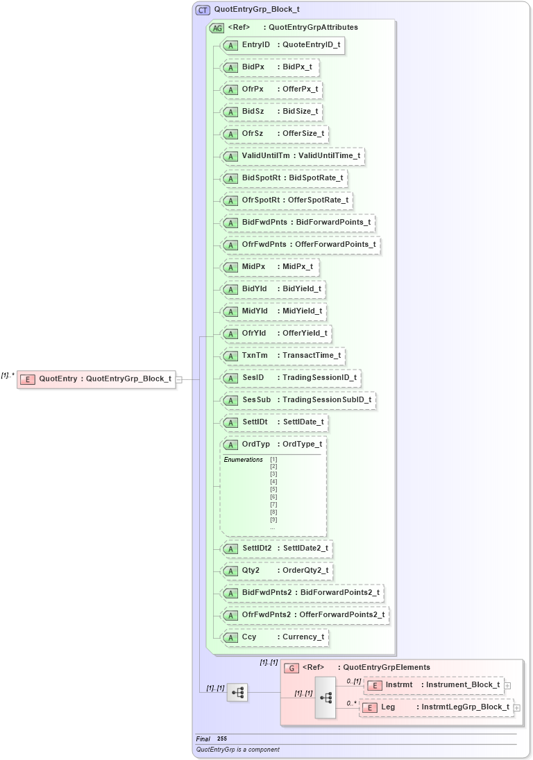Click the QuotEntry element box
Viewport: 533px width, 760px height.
tap(96, 379)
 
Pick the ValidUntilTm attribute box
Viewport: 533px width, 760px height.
tap(292, 156)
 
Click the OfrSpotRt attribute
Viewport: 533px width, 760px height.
tap(286, 200)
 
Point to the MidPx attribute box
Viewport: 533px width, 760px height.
tap(270, 267)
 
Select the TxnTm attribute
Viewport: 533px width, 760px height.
tap(283, 356)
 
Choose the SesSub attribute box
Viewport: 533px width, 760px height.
tap(298, 400)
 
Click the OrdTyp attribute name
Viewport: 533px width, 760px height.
tap(256, 444)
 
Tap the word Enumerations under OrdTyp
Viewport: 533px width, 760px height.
tap(243, 460)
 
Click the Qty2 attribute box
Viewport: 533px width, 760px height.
tap(277, 571)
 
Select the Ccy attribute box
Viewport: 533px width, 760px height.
tap(274, 637)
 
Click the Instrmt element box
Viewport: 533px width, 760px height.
tap(434, 685)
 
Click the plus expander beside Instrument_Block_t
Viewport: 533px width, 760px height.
tap(508, 685)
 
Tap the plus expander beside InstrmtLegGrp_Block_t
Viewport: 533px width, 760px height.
tap(517, 707)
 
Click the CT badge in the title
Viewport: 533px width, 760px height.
tap(203, 10)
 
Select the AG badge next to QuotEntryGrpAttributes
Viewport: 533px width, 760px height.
tap(217, 28)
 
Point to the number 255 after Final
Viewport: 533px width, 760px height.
tap(221, 739)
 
